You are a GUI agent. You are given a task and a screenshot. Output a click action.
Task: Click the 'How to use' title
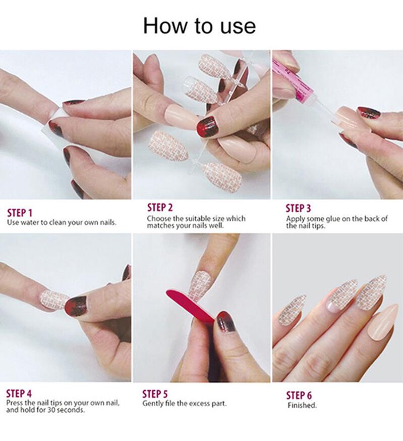199,26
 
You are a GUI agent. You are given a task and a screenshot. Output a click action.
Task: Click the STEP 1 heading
20,213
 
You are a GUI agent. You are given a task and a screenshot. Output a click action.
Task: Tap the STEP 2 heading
160,208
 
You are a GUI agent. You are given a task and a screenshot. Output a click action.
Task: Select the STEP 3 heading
298,209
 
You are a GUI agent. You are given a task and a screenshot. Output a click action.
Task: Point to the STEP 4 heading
19,393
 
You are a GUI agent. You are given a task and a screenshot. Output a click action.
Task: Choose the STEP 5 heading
155,394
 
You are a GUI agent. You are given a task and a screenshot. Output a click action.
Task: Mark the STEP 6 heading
299,396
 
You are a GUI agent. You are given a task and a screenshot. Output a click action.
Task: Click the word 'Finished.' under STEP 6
302,405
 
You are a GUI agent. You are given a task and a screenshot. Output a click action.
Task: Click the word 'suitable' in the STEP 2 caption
197,219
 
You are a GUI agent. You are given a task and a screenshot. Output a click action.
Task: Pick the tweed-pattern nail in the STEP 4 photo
53,300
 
